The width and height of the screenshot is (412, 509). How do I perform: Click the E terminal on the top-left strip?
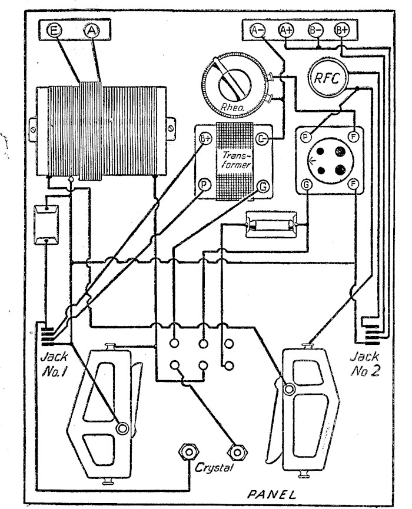coord(54,31)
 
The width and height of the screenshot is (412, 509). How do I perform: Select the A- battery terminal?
coord(258,30)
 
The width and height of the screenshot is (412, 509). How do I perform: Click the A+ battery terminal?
coord(287,30)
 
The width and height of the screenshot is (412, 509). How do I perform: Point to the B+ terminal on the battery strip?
coord(342,30)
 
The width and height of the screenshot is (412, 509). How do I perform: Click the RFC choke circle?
coord(327,78)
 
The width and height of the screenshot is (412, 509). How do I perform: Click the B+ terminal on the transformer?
coord(205,139)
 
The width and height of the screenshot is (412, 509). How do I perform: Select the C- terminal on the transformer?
coord(262,139)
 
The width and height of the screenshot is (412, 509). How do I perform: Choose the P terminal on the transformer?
coord(205,185)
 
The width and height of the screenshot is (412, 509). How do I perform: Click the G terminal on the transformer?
coord(263,187)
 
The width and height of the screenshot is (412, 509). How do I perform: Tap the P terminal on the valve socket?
coord(305,137)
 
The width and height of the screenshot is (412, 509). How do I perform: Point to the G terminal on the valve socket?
coord(306,185)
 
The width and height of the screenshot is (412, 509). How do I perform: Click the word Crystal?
coord(214,468)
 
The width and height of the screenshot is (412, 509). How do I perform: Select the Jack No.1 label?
coord(54,364)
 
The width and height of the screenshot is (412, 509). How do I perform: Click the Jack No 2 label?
coord(364,364)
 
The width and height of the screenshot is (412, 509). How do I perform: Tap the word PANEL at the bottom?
coord(272,494)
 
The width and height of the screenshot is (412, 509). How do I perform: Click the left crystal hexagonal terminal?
coord(188,451)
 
